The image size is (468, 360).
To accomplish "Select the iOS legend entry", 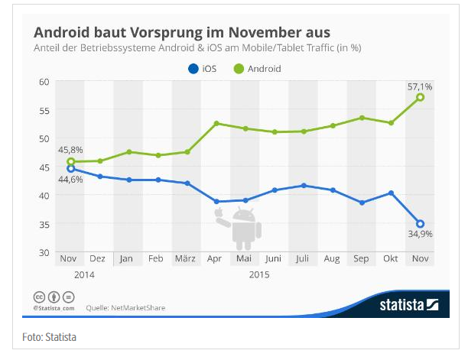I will (201, 69).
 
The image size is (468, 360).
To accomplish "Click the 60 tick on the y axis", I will (44, 81).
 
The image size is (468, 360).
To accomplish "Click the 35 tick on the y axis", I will (44, 224).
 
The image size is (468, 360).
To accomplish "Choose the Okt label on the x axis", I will (391, 259).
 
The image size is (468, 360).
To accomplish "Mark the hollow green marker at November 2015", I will (421, 97).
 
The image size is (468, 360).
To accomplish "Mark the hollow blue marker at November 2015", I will (421, 224).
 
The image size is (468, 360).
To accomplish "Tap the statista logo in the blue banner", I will (408, 305).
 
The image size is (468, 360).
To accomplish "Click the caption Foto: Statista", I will (44, 337).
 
